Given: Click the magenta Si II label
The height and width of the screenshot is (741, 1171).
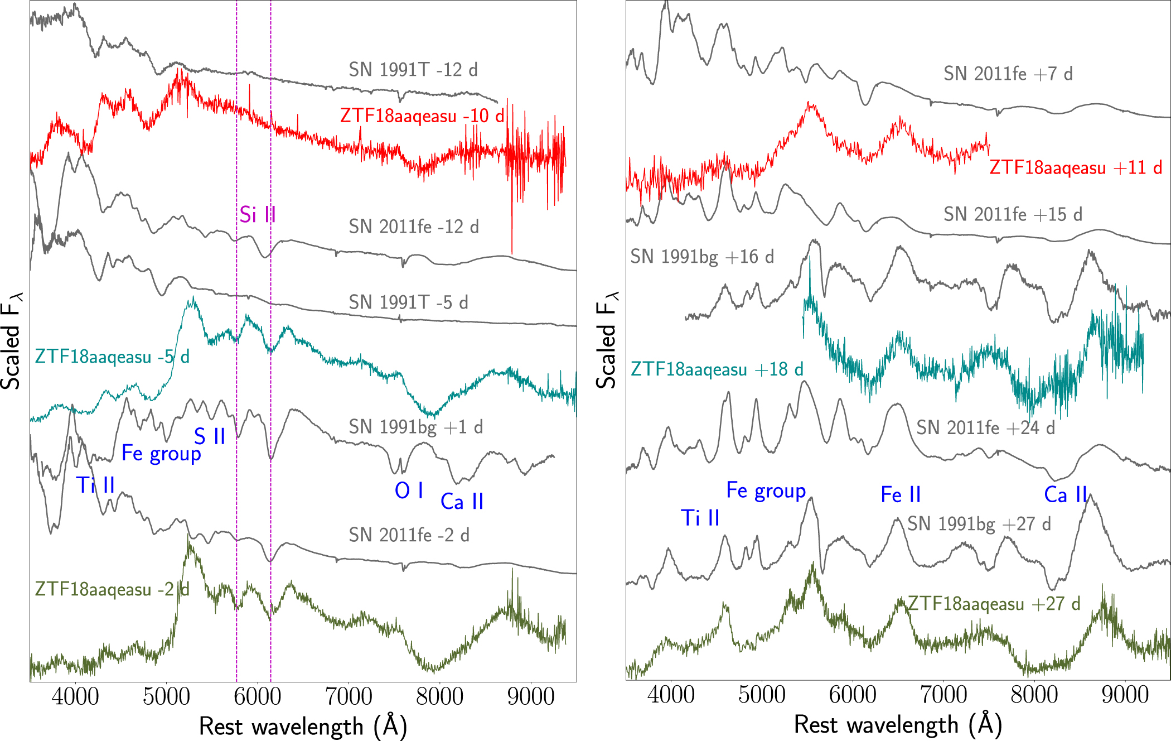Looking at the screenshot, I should [257, 215].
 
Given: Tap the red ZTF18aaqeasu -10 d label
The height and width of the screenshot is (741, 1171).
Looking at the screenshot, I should [422, 116].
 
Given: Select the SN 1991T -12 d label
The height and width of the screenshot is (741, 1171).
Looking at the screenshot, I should [413, 70].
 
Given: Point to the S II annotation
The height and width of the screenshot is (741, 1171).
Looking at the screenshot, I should [210, 436].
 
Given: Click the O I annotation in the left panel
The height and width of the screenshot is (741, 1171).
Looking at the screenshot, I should [409, 491].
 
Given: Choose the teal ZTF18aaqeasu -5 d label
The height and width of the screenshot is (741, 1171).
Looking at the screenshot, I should [112, 357].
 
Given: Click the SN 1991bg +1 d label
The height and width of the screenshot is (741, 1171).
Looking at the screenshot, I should [416, 427].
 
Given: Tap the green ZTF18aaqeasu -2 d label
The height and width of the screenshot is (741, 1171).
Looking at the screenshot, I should [112, 589].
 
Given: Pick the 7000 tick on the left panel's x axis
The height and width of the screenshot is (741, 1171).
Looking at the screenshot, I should [349, 696].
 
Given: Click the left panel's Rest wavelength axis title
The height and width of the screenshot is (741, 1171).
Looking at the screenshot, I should [303, 726].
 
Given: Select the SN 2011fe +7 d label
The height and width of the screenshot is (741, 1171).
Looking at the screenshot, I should [1008, 74].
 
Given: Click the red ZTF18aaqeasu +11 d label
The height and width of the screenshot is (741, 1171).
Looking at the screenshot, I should [1076, 168].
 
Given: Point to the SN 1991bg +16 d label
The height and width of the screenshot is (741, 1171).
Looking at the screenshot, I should [702, 257].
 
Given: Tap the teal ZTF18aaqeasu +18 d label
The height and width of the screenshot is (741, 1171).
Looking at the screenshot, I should [717, 369].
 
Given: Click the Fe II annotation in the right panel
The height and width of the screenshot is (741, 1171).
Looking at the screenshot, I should [901, 495].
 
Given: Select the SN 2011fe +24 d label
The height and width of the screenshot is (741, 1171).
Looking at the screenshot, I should [986, 428].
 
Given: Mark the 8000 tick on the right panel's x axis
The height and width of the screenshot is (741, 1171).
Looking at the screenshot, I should [1034, 695].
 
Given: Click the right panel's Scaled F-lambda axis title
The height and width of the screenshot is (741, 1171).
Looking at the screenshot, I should [607, 340].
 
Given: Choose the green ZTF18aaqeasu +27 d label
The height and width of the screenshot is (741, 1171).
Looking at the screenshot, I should [994, 604].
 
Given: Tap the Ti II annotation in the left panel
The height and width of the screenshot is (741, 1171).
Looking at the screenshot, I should [95, 485].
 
